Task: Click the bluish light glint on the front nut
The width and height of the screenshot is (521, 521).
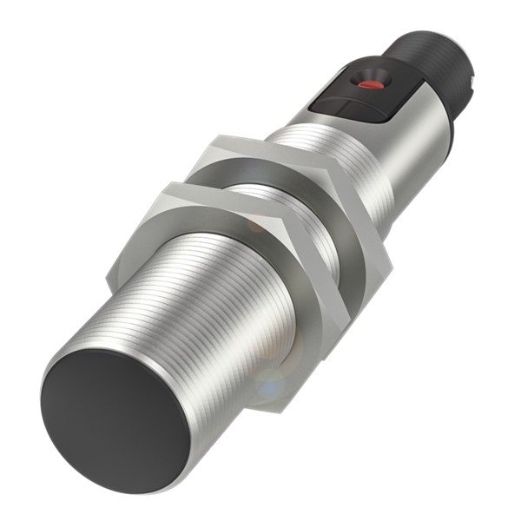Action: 272,383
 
